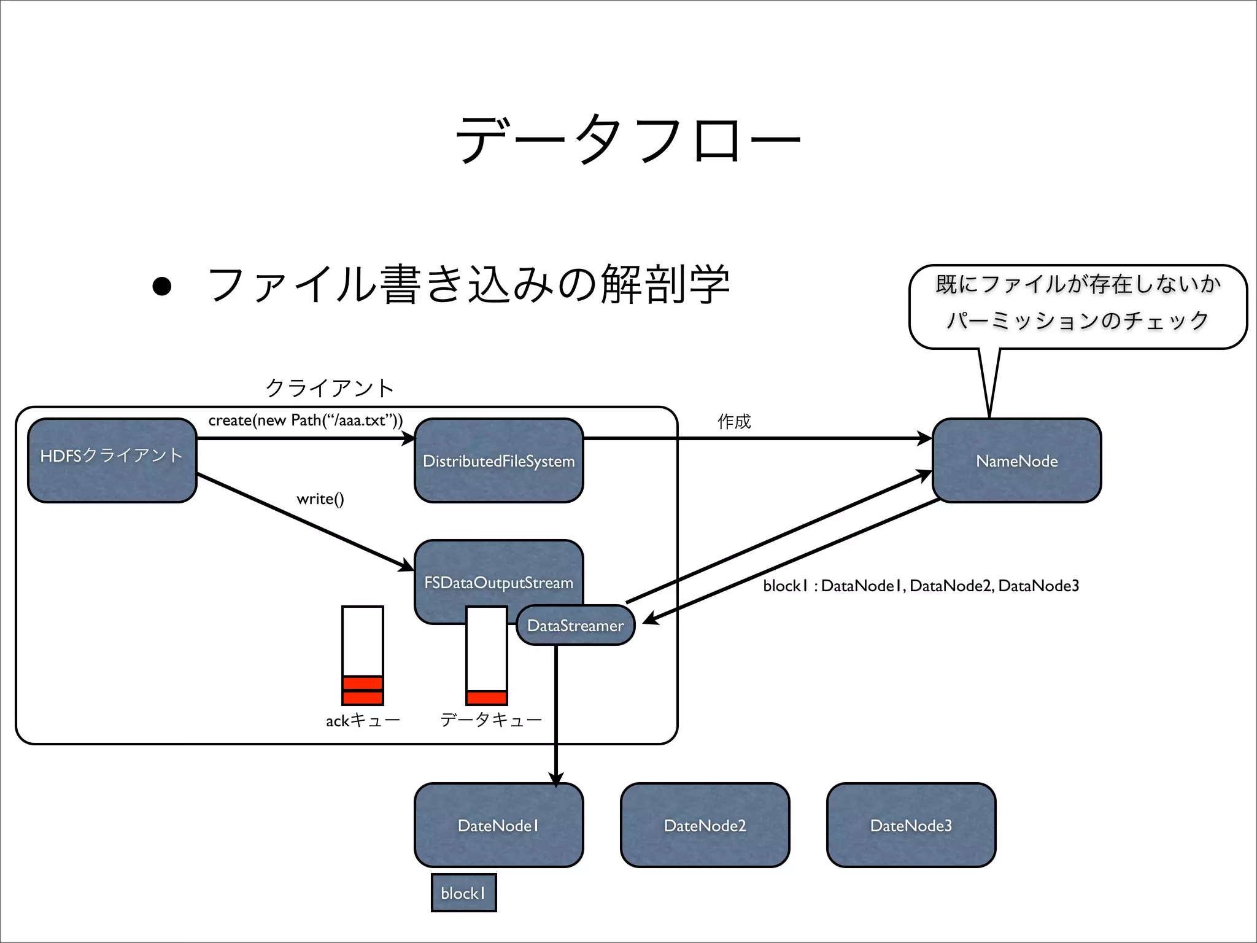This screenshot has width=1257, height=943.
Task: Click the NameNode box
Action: click(1016, 461)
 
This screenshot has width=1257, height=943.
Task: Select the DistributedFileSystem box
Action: click(498, 461)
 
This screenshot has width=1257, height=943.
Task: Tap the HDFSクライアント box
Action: click(112, 460)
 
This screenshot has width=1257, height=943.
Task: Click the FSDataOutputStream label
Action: click(498, 582)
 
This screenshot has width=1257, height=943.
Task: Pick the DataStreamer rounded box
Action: click(575, 626)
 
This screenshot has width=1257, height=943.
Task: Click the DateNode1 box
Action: click(498, 825)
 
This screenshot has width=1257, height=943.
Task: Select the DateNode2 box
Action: click(705, 825)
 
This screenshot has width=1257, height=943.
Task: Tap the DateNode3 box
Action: click(911, 825)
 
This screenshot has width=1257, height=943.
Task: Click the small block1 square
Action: click(463, 893)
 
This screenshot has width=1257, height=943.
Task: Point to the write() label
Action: click(320, 499)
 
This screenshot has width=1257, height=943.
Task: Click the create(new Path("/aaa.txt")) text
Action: click(306, 421)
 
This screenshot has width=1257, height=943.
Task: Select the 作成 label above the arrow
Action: click(734, 421)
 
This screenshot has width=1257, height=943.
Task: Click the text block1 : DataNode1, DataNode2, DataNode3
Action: click(921, 586)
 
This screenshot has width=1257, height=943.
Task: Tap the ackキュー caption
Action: click(363, 720)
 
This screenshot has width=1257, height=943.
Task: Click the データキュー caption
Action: click(491, 720)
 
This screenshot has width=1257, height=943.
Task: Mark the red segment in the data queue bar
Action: click(487, 698)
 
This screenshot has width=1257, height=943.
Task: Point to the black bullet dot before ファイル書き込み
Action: click(162, 286)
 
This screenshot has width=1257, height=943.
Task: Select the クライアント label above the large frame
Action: click(330, 388)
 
